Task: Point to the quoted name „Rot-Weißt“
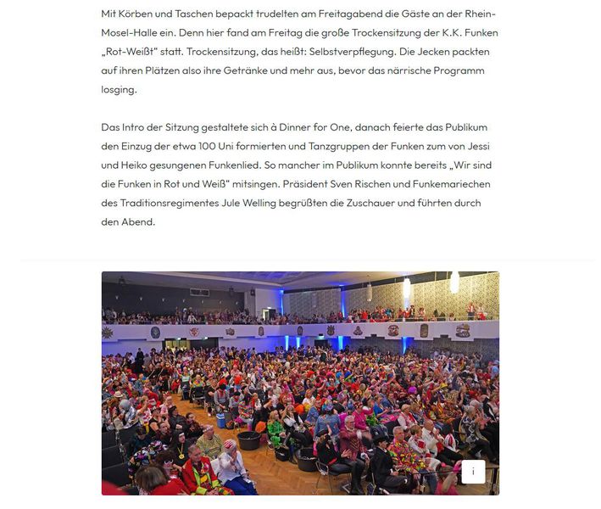pos(129,52)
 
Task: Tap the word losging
pos(118,89)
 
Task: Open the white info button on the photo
pos(473,472)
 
